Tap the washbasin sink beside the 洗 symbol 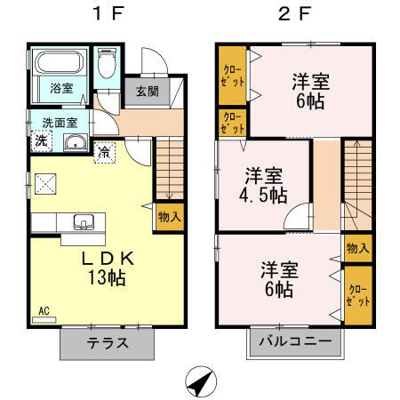73,143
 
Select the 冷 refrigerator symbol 105,151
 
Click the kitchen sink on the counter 85,221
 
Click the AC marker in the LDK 42,312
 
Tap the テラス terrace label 108,343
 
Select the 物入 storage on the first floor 169,217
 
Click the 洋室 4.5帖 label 265,183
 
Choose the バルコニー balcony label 295,341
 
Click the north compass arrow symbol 203,382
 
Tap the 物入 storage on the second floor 358,248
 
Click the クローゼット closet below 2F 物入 358,294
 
